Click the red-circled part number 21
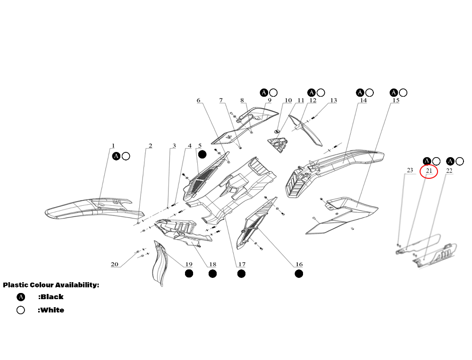(x=429, y=171)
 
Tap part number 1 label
(x=113, y=146)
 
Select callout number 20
(x=114, y=264)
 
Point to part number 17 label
(x=242, y=264)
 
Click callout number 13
(x=333, y=100)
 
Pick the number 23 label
(x=410, y=170)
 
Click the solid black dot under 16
(x=299, y=274)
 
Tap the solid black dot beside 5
(x=202, y=154)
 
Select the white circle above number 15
(x=403, y=92)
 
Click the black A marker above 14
(x=360, y=92)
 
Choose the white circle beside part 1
(x=126, y=156)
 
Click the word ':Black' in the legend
(x=51, y=297)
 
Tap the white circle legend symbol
(x=20, y=310)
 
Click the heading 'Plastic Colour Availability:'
(x=51, y=285)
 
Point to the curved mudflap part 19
(x=160, y=263)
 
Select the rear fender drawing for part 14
(x=334, y=173)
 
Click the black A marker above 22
(x=450, y=161)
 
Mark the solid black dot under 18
(x=212, y=274)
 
